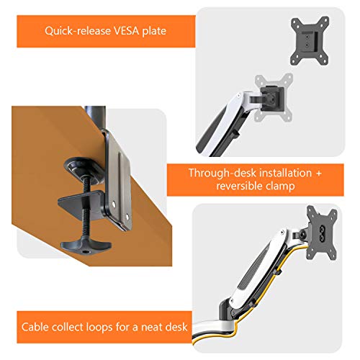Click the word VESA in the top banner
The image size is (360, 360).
(126, 31)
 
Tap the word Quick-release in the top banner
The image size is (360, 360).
(78, 31)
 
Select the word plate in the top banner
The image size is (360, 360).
(154, 31)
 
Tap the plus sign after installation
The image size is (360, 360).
(318, 174)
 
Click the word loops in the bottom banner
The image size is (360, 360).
(99, 328)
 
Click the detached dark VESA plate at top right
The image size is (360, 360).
(310, 40)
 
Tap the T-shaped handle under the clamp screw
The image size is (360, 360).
(86, 246)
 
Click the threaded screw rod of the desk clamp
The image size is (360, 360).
(86, 207)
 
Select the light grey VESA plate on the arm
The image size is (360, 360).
(274, 98)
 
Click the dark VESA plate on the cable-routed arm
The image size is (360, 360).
(322, 233)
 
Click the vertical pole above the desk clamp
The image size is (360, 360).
(95, 117)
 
